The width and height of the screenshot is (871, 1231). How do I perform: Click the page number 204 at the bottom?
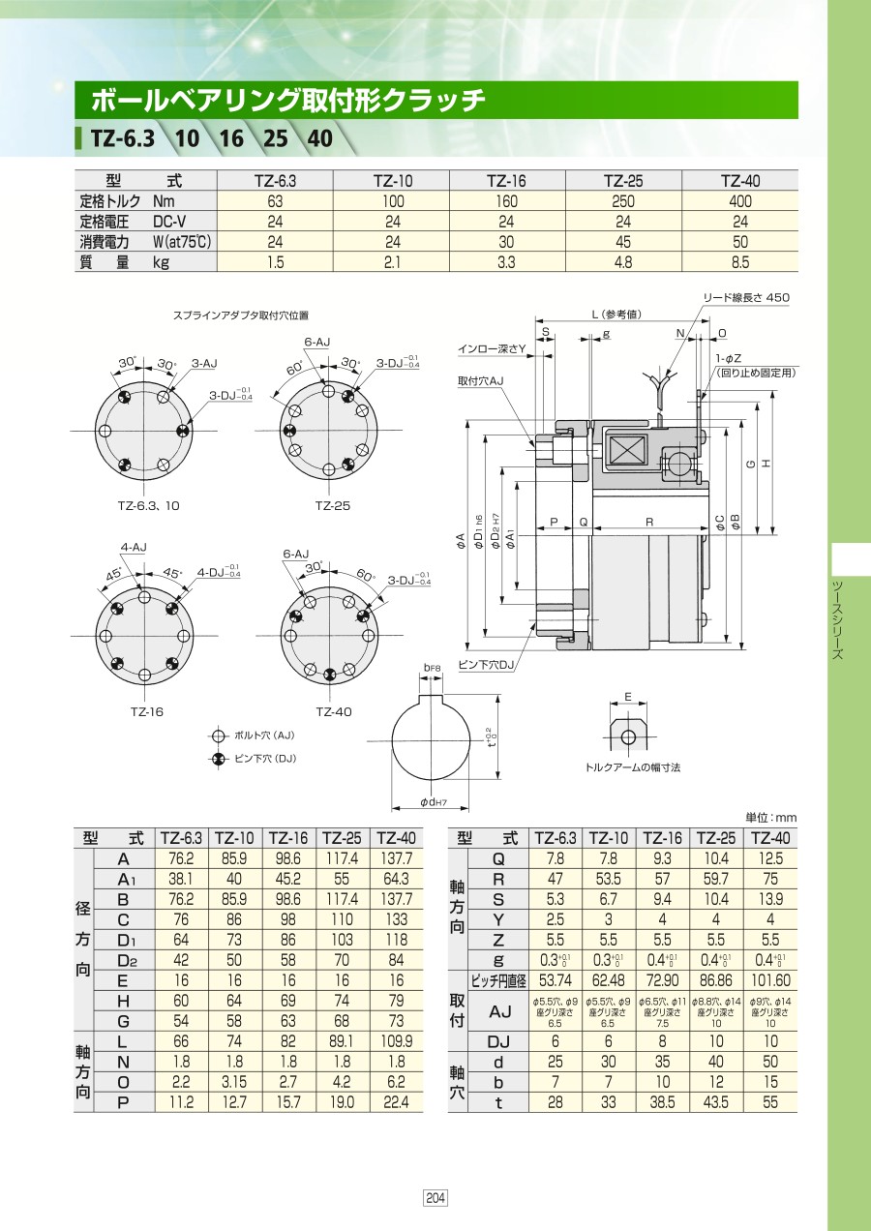[435, 1197]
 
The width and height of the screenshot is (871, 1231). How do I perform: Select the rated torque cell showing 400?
[739, 201]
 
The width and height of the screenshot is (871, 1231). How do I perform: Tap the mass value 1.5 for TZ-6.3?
[275, 262]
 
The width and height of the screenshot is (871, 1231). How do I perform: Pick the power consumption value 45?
[623, 242]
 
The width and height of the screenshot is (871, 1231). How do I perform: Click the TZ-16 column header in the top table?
[507, 181]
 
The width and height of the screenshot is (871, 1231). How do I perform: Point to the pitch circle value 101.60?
[770, 980]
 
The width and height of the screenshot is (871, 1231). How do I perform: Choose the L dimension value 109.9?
[396, 1041]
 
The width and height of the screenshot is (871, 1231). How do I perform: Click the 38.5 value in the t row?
[662, 1102]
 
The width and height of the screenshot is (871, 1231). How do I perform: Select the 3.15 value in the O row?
[233, 1082]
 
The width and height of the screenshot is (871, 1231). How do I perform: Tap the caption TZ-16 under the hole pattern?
[147, 711]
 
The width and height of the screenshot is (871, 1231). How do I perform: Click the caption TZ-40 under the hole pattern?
[334, 711]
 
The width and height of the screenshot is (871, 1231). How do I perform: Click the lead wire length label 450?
[777, 297]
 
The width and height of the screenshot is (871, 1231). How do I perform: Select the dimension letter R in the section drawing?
[649, 522]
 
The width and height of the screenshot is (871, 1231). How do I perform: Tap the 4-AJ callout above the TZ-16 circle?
[134, 548]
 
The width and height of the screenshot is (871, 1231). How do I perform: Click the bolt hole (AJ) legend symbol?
[219, 736]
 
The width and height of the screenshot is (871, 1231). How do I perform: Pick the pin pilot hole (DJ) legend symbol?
[219, 759]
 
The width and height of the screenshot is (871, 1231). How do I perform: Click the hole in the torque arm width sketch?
[627, 736]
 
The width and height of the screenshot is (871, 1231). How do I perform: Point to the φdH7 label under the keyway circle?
[434, 802]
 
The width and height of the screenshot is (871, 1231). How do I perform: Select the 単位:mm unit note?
[771, 818]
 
